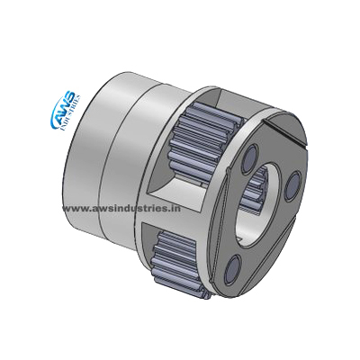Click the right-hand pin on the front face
[292, 185]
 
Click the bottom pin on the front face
[234, 268]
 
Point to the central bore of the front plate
[260, 206]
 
